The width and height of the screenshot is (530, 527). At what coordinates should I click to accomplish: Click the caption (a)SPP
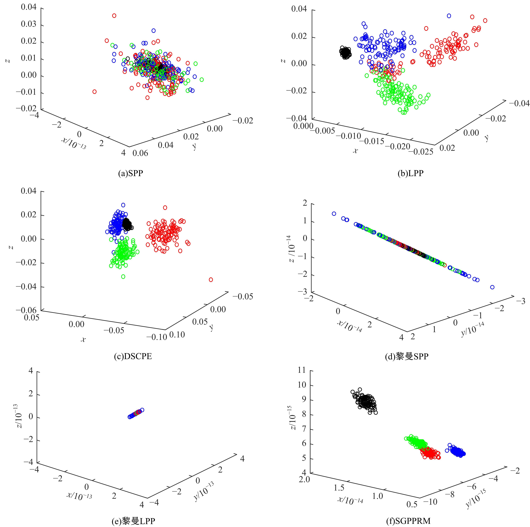tap(131, 173)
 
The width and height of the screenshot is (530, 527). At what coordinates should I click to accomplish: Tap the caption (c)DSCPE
tap(133, 356)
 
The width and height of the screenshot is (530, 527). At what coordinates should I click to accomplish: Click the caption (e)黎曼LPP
tap(134, 521)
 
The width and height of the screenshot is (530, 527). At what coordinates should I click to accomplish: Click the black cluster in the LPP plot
tap(345, 53)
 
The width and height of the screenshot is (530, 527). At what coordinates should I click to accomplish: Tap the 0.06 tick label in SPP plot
tap(140, 153)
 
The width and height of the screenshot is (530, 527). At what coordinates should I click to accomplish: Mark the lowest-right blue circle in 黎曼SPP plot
tap(492, 287)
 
